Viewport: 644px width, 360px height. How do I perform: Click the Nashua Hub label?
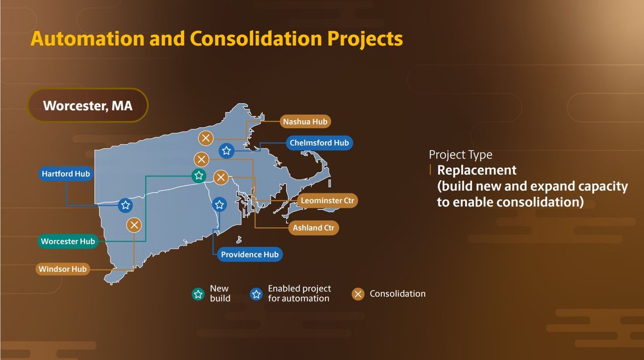[305, 122]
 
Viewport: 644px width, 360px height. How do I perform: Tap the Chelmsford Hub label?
[319, 143]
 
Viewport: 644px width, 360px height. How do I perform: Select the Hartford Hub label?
[66, 174]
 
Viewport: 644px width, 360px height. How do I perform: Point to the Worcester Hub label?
[68, 241]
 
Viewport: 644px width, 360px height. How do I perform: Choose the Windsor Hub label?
[63, 269]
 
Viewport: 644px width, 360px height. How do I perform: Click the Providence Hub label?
[250, 254]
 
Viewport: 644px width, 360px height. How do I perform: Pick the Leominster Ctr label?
[327, 201]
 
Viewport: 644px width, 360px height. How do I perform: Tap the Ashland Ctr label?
[313, 228]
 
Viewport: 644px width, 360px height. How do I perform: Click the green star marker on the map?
[199, 175]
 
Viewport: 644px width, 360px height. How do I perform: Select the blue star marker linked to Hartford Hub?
[125, 205]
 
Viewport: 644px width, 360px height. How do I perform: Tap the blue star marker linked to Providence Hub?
[219, 205]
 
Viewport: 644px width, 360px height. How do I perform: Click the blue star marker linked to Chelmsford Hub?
[226, 150]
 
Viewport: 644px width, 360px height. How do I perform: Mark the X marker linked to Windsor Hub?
[134, 225]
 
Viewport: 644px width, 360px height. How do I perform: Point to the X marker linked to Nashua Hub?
[206, 138]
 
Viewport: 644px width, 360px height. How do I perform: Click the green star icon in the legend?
[198, 294]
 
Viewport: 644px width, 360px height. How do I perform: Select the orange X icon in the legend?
[358, 294]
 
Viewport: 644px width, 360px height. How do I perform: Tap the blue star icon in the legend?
[256, 294]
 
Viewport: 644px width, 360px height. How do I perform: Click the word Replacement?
[476, 170]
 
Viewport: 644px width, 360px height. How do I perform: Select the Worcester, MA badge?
[88, 106]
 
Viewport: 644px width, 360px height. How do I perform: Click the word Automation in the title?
[88, 39]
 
